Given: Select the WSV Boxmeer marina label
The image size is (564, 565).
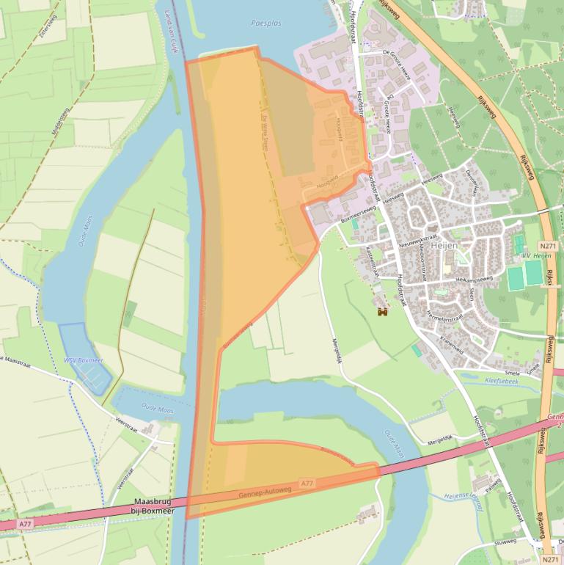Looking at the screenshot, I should pos(84,360).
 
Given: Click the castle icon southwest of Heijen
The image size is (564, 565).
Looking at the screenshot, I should pos(382,312).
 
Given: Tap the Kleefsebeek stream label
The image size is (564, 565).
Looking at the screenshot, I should pos(502,380).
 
